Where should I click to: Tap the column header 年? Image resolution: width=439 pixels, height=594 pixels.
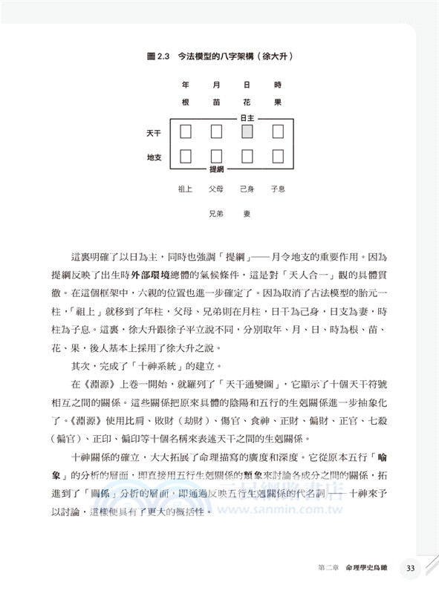(186, 85)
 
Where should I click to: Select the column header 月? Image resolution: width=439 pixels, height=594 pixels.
(216, 85)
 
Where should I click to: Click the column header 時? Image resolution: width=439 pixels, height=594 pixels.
(278, 85)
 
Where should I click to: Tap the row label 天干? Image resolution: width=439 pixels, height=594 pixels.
(153, 132)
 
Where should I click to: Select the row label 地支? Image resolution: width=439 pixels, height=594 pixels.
(153, 157)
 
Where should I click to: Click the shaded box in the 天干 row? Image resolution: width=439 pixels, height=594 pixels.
(247, 132)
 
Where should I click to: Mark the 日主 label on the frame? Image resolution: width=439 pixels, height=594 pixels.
(247, 118)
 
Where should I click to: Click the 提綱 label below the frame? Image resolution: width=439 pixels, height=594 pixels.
(216, 170)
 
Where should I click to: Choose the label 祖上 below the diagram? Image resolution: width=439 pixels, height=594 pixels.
(186, 189)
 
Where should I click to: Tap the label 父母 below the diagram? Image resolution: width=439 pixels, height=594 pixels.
(216, 189)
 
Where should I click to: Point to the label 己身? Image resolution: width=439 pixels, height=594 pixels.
(247, 189)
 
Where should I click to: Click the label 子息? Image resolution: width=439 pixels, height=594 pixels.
(278, 189)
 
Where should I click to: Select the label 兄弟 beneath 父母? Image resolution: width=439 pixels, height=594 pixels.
(216, 213)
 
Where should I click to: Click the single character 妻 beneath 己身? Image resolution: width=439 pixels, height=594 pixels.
(247, 213)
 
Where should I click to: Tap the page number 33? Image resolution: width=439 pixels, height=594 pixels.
(411, 569)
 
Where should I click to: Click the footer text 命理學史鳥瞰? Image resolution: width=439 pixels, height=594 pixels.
(366, 569)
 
